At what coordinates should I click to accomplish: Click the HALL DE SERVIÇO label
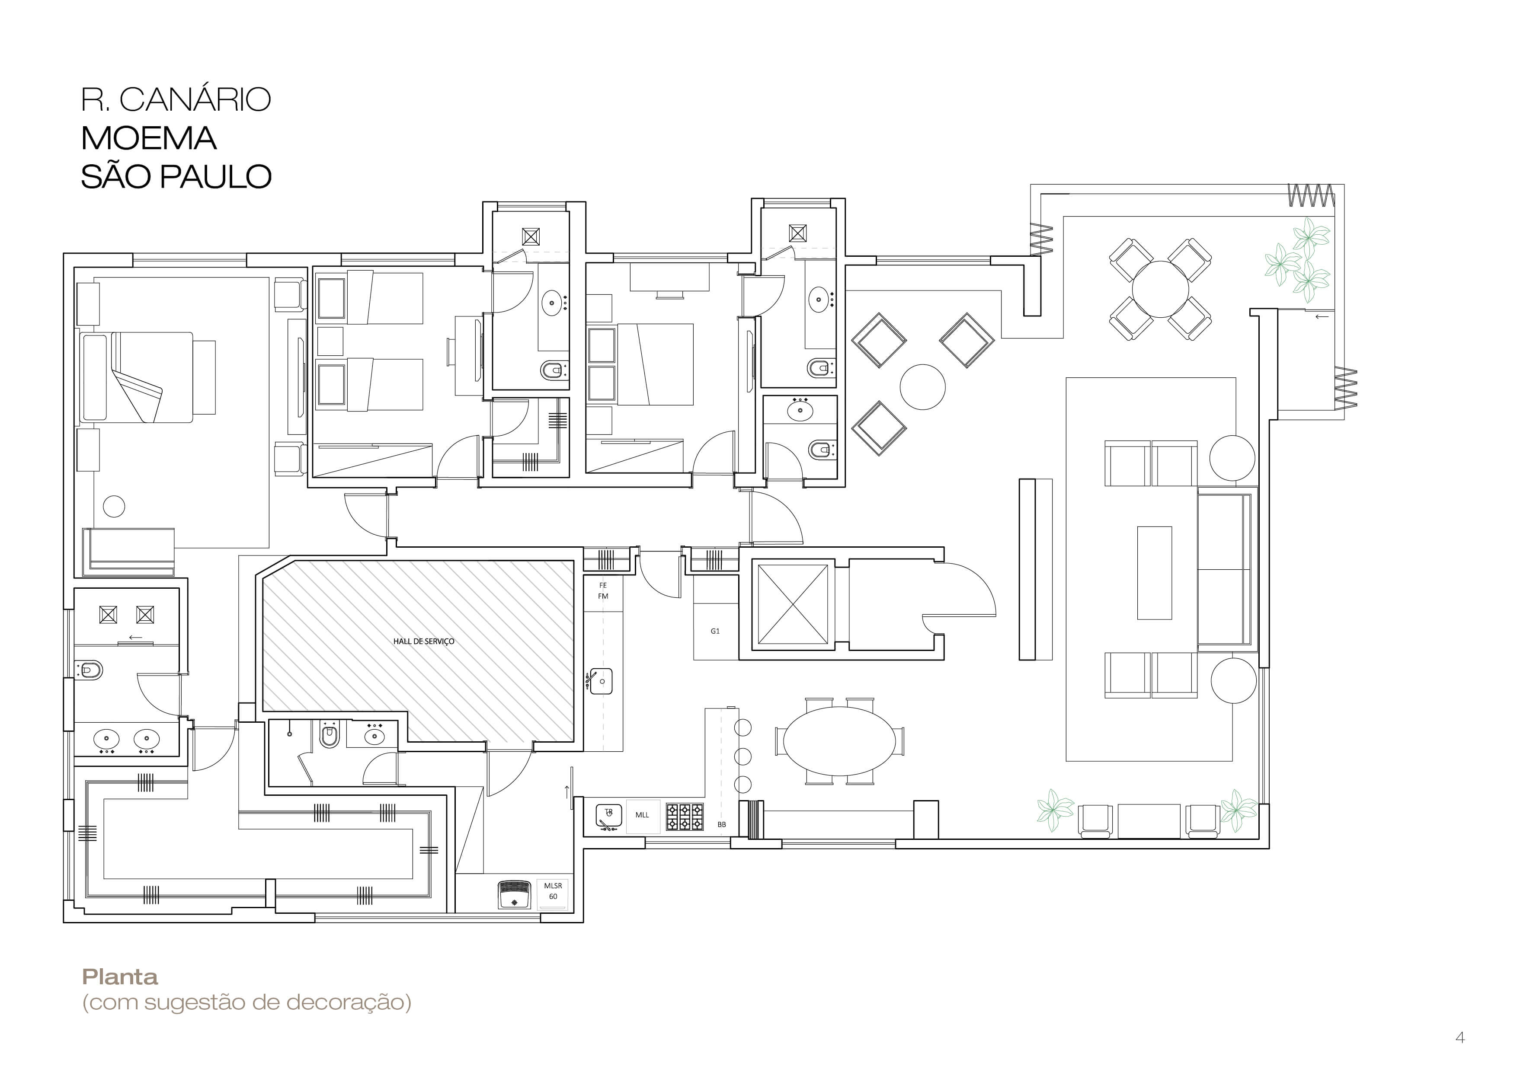[423, 641]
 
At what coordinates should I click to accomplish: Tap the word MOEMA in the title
[149, 138]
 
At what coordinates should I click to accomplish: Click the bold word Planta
[120, 977]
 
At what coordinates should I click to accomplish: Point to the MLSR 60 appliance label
[553, 891]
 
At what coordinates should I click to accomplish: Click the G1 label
[715, 632]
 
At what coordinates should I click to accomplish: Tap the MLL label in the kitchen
[642, 815]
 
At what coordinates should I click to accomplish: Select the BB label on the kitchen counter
[721, 824]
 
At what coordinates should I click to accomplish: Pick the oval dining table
[839, 740]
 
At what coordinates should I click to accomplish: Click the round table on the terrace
[1160, 289]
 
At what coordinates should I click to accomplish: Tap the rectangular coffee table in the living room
[1154, 573]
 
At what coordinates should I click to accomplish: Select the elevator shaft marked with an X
[792, 604]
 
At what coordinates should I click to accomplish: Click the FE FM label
[602, 590]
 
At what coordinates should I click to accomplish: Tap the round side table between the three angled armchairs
[922, 386]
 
